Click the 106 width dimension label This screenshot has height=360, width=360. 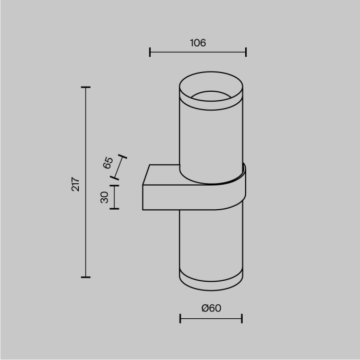(x=197, y=43)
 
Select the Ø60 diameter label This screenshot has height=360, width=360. (x=211, y=308)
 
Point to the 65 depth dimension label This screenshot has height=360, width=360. (x=108, y=163)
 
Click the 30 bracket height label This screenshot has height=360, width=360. (x=104, y=197)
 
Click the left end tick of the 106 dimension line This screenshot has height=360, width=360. (x=150, y=52)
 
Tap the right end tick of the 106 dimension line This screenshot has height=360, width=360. (x=246, y=52)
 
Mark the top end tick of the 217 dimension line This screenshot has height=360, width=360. (x=86, y=87)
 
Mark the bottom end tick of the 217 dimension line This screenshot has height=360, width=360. (x=86, y=277)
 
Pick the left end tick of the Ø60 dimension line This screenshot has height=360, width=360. (x=180, y=318)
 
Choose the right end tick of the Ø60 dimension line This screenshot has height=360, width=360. (x=242, y=318)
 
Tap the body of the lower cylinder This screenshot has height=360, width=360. (x=211, y=240)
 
